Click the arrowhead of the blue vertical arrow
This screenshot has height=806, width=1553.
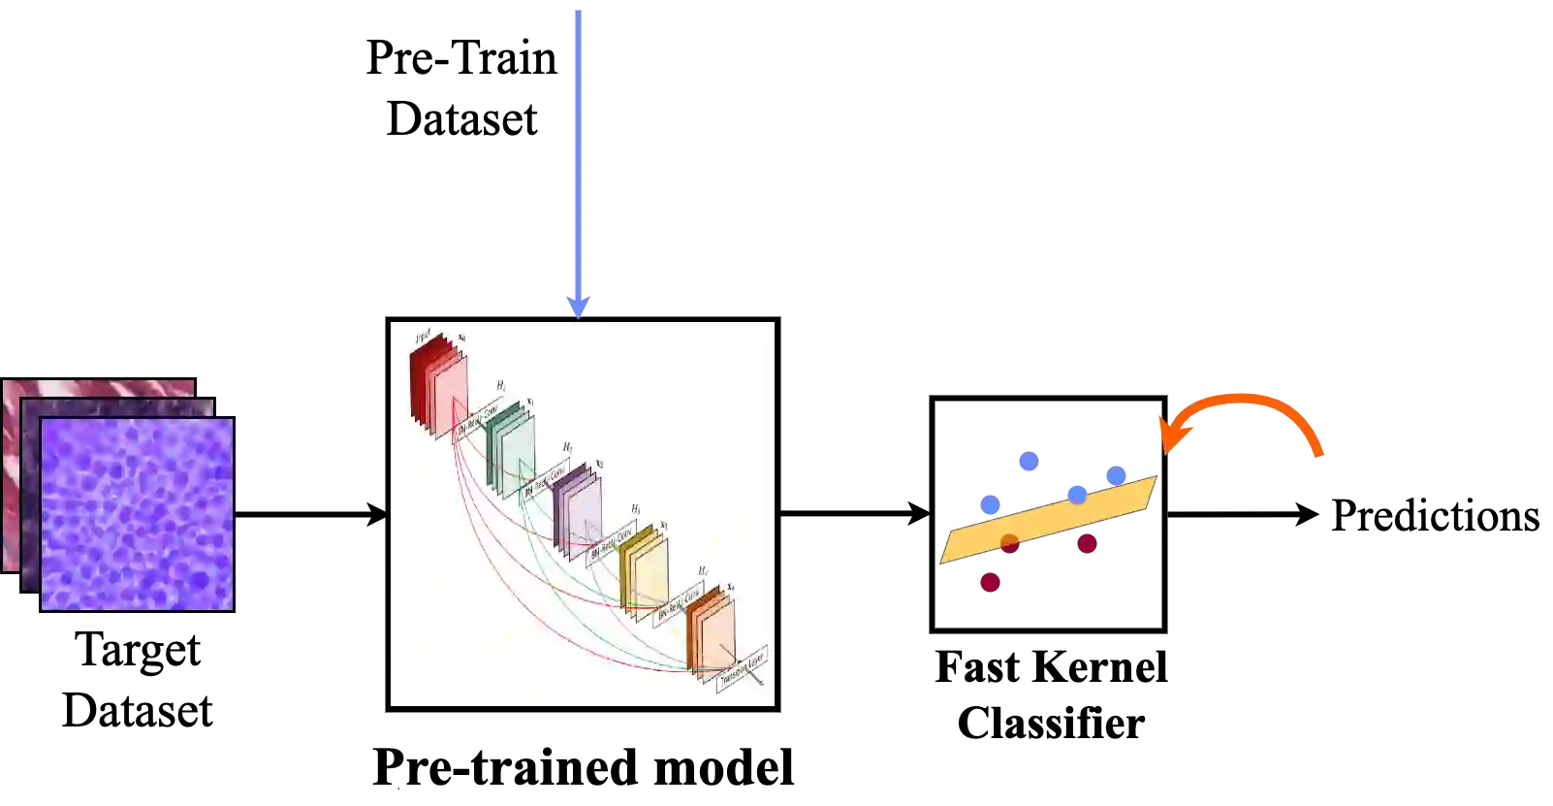click(578, 307)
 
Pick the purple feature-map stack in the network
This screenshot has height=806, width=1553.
click(578, 510)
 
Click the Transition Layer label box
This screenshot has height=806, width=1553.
click(742, 669)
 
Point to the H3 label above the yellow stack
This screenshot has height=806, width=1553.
click(636, 508)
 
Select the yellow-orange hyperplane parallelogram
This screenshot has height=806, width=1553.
click(1047, 520)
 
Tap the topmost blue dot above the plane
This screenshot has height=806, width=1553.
click(1028, 461)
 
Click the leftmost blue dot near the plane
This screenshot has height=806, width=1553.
click(989, 503)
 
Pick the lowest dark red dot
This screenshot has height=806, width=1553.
click(989, 582)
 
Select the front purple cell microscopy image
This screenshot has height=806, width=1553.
click(137, 514)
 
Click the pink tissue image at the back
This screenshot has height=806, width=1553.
click(97, 387)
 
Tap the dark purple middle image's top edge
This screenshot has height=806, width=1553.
click(116, 400)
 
